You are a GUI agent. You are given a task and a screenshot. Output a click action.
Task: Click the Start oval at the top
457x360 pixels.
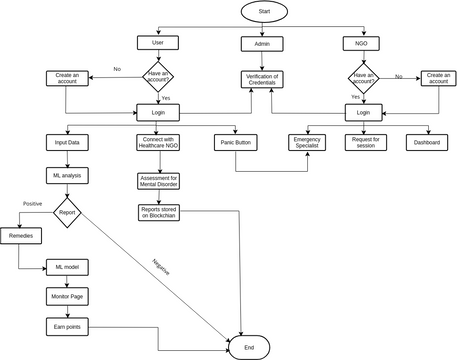tap(264, 11)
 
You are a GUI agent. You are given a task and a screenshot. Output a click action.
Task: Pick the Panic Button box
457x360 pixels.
tap(236, 143)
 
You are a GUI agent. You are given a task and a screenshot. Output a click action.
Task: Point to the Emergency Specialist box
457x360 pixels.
tap(307, 143)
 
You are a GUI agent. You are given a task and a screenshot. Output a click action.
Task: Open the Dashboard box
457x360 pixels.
tap(427, 143)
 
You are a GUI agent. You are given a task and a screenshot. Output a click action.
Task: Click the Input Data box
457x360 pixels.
tap(68, 143)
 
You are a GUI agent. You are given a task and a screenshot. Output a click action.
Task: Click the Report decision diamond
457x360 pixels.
tap(68, 211)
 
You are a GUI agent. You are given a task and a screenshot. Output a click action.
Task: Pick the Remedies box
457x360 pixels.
tap(20, 236)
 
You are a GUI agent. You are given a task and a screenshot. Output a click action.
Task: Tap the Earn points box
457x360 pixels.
tap(67, 327)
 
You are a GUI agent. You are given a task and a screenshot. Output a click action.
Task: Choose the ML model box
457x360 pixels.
tap(67, 267)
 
